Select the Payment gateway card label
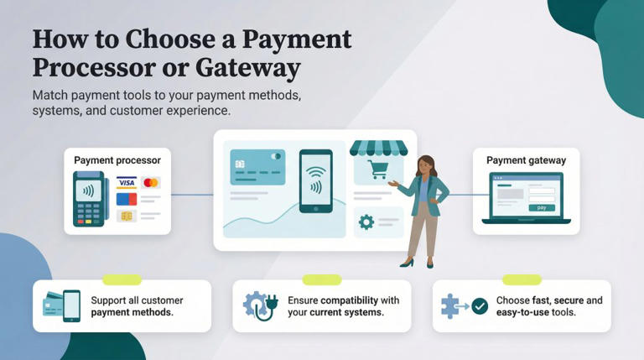[526, 160]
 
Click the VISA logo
[127, 183]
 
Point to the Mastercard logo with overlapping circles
[151, 183]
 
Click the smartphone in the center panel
[315, 182]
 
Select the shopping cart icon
[378, 170]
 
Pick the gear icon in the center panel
[366, 222]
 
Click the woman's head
[425, 165]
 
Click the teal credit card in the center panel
[257, 167]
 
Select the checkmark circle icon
[479, 306]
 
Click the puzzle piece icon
[452, 306]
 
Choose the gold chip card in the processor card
[127, 217]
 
